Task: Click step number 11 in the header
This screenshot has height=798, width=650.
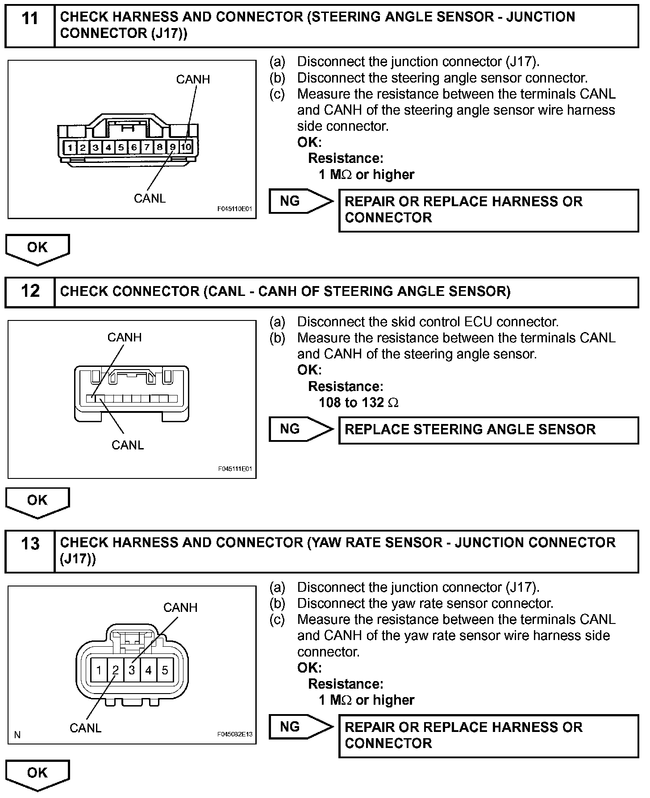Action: click(x=29, y=19)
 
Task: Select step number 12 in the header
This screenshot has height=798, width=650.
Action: click(x=30, y=291)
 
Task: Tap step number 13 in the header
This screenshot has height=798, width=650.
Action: click(x=30, y=544)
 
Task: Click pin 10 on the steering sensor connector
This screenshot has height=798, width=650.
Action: click(x=186, y=146)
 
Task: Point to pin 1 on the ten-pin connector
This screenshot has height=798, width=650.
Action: click(x=70, y=147)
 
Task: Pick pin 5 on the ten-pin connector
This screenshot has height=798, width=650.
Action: click(x=121, y=147)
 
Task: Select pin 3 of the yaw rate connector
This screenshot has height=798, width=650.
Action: click(x=132, y=670)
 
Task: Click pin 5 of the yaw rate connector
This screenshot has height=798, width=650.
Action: click(x=165, y=670)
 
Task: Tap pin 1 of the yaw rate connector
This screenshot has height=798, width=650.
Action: click(x=99, y=670)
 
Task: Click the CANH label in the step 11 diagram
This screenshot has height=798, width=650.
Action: click(x=193, y=79)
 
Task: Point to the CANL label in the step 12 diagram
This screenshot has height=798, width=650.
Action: click(x=128, y=445)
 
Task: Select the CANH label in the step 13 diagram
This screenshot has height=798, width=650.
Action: click(x=180, y=607)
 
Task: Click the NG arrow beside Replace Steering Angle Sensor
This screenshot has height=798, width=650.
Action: click(x=300, y=429)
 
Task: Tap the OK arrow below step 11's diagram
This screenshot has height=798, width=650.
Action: click(x=37, y=248)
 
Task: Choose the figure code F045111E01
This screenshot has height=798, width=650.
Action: click(x=235, y=469)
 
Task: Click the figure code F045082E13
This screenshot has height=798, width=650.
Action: click(x=235, y=733)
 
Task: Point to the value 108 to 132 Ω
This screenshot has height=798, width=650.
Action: click(x=358, y=403)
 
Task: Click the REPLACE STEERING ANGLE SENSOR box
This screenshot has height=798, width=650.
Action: click(x=488, y=430)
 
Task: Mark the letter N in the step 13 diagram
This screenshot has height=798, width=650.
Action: click(x=17, y=735)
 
